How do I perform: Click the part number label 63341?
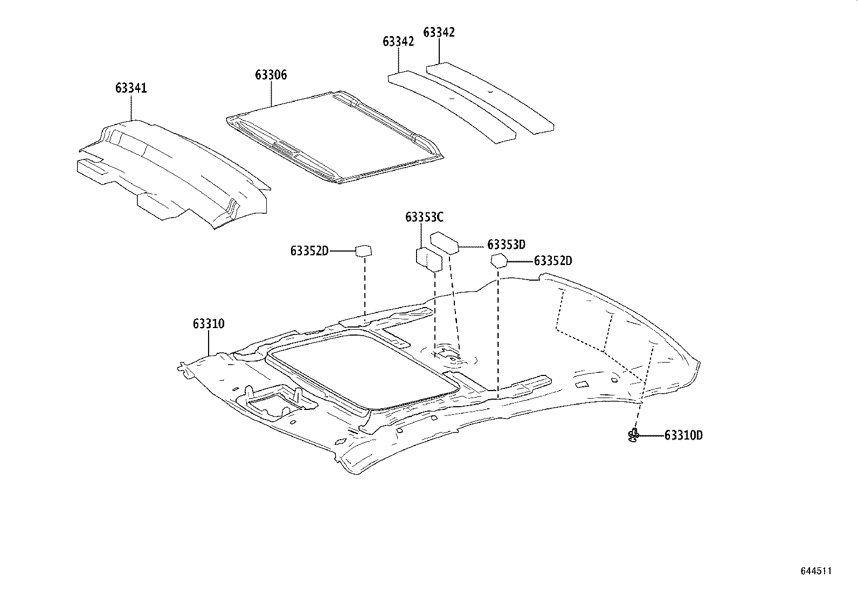131,88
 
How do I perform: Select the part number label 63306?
271,75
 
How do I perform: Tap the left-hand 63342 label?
398,41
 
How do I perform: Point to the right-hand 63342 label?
439,32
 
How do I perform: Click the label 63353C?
424,217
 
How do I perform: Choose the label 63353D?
506,245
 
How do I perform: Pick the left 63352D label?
309,251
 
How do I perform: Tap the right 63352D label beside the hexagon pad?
553,261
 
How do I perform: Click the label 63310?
209,324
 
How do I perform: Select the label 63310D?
683,435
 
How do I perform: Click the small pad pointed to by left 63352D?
364,250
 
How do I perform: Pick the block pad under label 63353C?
429,259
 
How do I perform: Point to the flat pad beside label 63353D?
444,242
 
